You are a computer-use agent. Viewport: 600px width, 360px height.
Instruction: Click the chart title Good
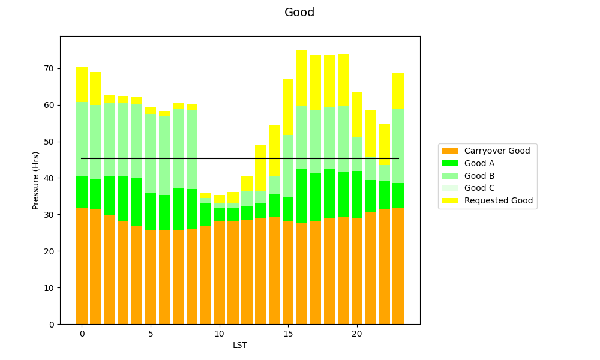[x=299, y=13]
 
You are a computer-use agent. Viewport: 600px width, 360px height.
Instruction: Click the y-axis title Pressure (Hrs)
[x=36, y=180]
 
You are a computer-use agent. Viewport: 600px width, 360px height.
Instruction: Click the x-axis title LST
[x=240, y=345]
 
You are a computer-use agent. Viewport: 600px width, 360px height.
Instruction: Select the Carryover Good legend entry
[x=497, y=151]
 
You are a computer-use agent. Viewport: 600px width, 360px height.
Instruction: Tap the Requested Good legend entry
[x=498, y=200]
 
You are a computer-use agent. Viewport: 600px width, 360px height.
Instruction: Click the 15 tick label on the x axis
[x=288, y=334]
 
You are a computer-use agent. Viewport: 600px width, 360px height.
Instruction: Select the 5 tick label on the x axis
[x=151, y=334]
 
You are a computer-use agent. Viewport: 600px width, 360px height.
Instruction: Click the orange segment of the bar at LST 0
[x=82, y=266]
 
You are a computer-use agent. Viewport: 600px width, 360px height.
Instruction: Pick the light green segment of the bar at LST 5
[x=151, y=153]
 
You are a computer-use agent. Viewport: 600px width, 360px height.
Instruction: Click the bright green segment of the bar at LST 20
[x=357, y=194]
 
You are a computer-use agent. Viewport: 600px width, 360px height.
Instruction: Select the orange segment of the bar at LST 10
[x=219, y=272]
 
